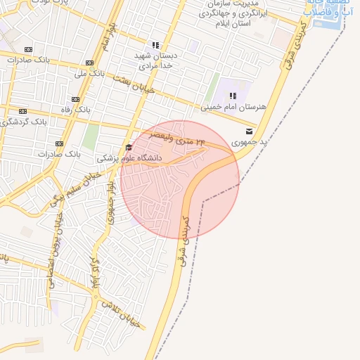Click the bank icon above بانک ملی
(x=89, y=62)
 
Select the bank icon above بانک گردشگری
(x=23, y=111)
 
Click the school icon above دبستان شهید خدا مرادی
(x=155, y=45)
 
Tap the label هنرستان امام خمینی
(x=234, y=107)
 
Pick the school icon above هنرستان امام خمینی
(x=233, y=96)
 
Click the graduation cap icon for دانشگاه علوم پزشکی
(x=128, y=147)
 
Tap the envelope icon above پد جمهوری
(x=250, y=131)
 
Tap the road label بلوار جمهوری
(x=110, y=203)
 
